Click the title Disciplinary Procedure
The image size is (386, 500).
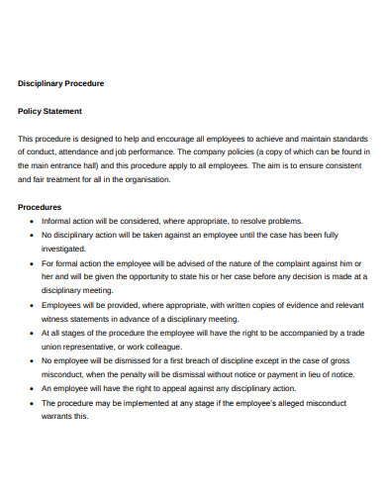[61, 83]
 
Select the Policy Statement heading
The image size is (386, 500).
[50, 111]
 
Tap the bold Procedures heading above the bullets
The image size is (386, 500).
[41, 207]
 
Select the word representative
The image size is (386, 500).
[95, 347]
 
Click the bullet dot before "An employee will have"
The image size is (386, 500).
[34, 388]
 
